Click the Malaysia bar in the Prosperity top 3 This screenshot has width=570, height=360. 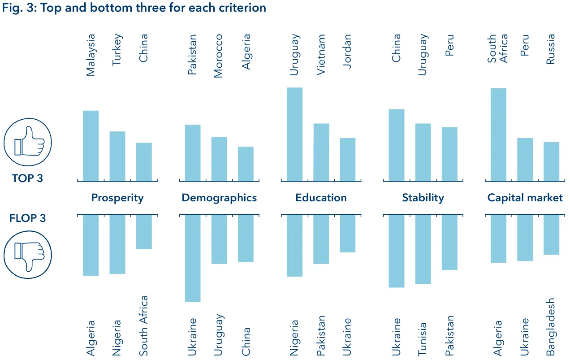tap(91, 146)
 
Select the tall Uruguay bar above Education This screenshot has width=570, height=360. tap(294, 134)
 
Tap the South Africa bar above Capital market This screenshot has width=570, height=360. tap(498, 134)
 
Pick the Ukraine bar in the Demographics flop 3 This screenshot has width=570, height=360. tap(193, 258)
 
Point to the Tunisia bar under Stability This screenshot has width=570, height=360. tap(423, 249)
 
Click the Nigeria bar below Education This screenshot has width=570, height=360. tap(294, 245)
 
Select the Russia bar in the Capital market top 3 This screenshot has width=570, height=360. tap(551, 161)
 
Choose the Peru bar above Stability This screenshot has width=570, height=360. tap(449, 154)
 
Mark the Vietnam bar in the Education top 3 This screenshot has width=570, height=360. tap(321, 152)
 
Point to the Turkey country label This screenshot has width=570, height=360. tap(117, 50)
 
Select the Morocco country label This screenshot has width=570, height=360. tap(218, 56)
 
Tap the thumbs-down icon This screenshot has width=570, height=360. tap(28, 254)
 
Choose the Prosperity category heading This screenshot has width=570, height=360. tap(117, 198)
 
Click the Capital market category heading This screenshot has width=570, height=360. tap(525, 198)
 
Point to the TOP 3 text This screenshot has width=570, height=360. tap(28, 178)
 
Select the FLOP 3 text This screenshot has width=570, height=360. tap(28, 218)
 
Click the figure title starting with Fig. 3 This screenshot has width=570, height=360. tap(134, 8)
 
